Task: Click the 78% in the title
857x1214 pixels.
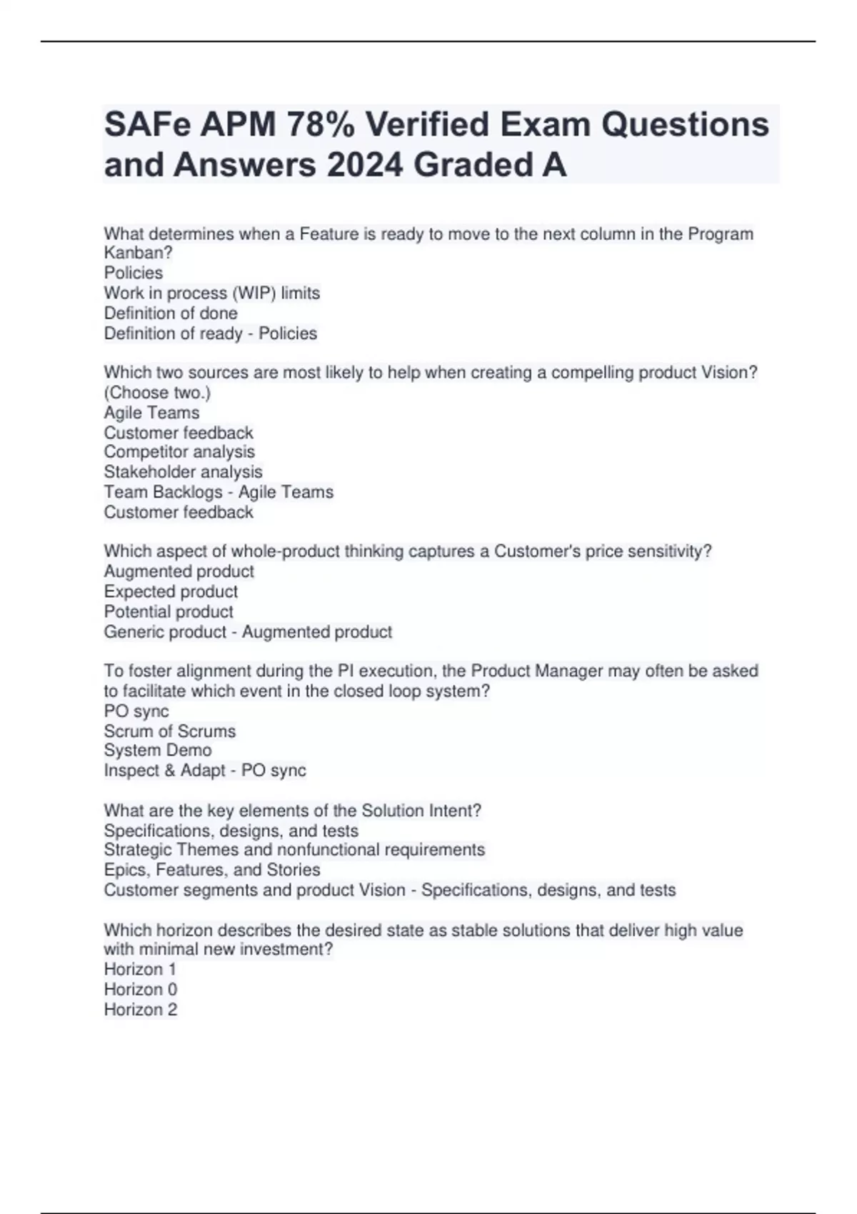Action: point(320,125)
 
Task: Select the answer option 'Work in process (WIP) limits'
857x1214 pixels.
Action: point(211,293)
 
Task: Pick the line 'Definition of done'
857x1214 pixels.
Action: point(171,313)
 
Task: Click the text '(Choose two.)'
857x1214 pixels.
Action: point(157,393)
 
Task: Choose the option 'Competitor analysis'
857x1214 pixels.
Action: point(179,452)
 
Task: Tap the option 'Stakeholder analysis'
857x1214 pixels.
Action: point(183,472)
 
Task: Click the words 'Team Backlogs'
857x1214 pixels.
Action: point(163,492)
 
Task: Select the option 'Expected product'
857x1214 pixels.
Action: point(171,591)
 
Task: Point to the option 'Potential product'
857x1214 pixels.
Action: point(169,612)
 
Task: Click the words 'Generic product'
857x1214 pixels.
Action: point(165,632)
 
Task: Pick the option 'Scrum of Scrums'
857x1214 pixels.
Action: point(169,731)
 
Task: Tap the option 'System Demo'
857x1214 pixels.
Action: point(158,751)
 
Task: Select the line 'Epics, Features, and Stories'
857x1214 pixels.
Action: point(211,870)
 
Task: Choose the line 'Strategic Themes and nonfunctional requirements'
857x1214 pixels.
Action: point(294,850)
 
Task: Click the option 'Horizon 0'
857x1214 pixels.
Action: point(140,990)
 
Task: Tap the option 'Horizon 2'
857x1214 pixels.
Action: point(140,1010)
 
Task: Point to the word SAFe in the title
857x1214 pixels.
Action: point(147,125)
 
